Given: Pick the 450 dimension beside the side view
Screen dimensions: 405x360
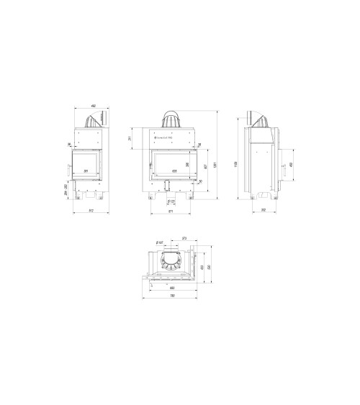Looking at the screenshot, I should pyautogui.click(x=290, y=165).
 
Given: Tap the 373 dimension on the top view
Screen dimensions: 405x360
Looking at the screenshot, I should pyautogui.click(x=184, y=238).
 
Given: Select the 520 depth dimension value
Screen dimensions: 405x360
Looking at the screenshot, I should pyautogui.click(x=208, y=267).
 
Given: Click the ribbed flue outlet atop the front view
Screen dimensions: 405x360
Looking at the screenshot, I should pyautogui.click(x=172, y=117).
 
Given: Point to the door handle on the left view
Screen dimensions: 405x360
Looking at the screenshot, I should pyautogui.click(x=68, y=170).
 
